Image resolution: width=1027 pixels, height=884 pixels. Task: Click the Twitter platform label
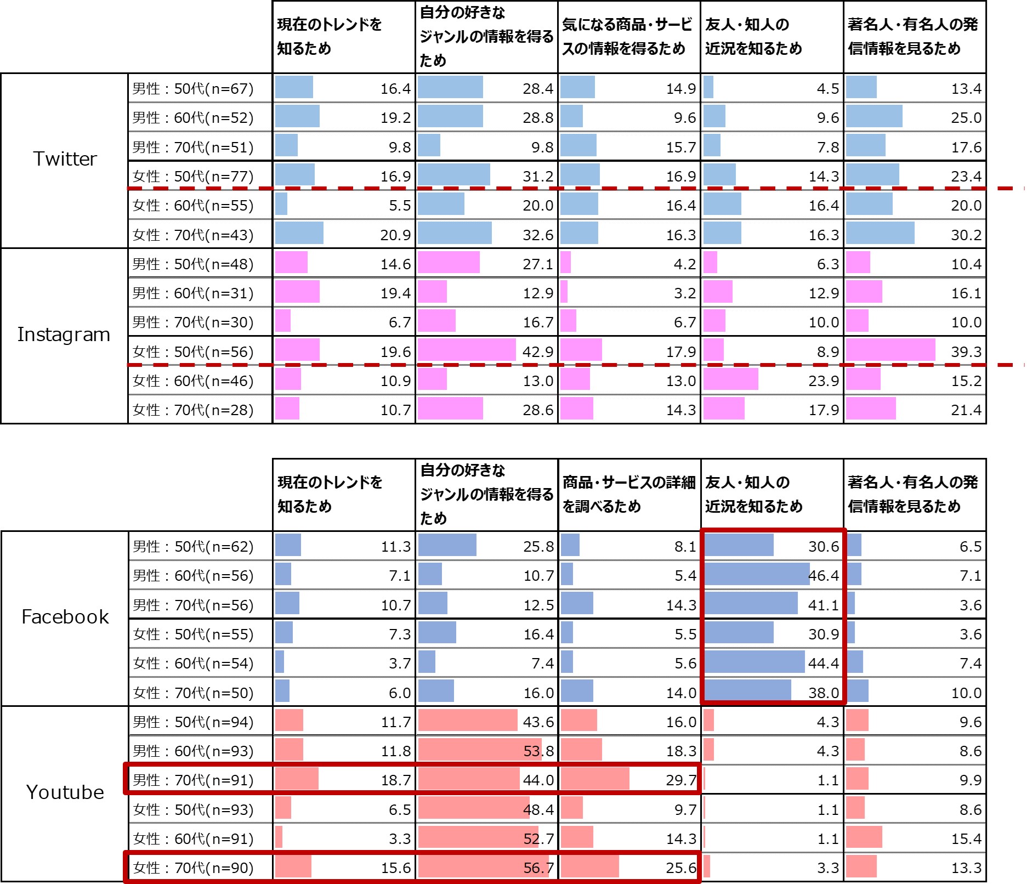click(65, 159)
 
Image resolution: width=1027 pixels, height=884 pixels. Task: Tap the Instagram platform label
click(64, 335)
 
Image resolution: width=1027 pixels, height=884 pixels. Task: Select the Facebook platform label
click(65, 617)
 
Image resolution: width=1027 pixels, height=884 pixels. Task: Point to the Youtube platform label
click(65, 792)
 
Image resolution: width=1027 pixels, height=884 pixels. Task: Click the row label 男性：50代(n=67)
click(193, 89)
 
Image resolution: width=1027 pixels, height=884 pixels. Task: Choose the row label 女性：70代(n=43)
click(193, 235)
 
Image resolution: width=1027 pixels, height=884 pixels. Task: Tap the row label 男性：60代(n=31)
click(193, 293)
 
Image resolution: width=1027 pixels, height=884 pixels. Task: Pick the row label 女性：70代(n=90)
click(193, 868)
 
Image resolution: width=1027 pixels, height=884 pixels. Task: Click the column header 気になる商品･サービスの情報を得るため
click(627, 36)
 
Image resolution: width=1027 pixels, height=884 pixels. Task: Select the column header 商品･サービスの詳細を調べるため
click(628, 494)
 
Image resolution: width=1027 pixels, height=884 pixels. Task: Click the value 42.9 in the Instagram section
click(537, 352)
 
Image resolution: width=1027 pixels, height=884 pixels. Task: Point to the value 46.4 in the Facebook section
click(823, 576)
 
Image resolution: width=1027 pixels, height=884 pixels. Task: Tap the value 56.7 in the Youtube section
click(538, 868)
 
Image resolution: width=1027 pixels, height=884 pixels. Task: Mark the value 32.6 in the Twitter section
click(537, 235)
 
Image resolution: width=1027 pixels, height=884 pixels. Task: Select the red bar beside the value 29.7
click(595, 779)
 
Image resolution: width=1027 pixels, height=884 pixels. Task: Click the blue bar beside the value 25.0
click(874, 116)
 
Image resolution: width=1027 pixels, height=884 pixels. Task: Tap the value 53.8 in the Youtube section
click(538, 751)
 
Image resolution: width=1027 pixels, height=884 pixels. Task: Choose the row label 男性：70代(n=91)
click(193, 780)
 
